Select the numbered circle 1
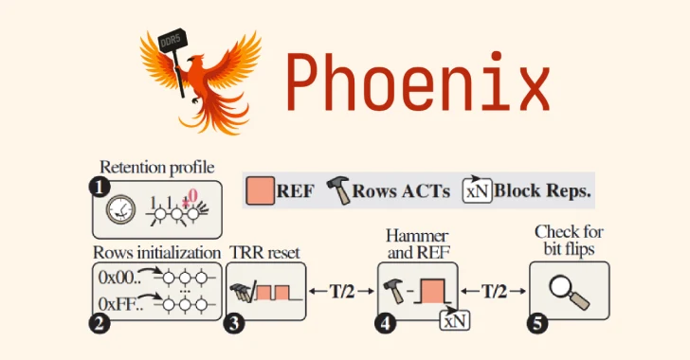pyautogui.click(x=99, y=187)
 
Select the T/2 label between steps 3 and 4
pyautogui.click(x=341, y=290)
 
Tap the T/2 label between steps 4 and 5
pyautogui.click(x=492, y=290)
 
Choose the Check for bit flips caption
pyautogui.click(x=570, y=240)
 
